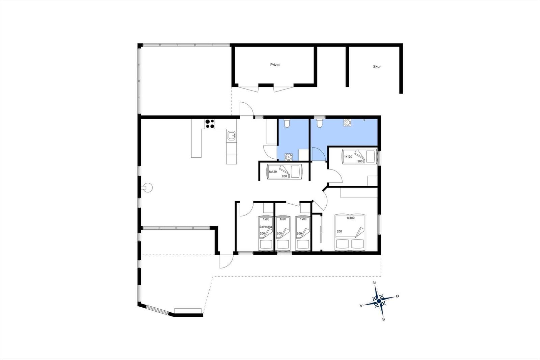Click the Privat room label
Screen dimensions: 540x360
(x=275, y=65)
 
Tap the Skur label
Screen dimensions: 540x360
(x=377, y=67)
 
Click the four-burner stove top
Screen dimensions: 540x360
(x=210, y=124)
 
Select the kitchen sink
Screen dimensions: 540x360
(x=232, y=136)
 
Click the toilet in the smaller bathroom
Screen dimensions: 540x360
(x=287, y=123)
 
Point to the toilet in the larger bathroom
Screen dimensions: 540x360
(x=319, y=123)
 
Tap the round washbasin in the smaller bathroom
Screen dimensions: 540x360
(x=288, y=157)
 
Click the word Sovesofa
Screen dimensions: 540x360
(x=265, y=227)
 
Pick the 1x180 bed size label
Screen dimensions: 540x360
(x=351, y=218)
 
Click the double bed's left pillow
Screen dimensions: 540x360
(x=342, y=244)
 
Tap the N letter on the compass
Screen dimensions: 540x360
(x=374, y=283)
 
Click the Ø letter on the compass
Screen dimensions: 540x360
(x=397, y=296)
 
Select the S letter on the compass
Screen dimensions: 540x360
(x=383, y=319)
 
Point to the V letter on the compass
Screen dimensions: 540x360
(x=361, y=306)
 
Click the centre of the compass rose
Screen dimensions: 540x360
(x=379, y=301)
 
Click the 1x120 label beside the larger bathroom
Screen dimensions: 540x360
(x=348, y=157)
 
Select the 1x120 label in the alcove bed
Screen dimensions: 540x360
(x=273, y=172)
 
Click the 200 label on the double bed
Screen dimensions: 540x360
(x=339, y=231)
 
